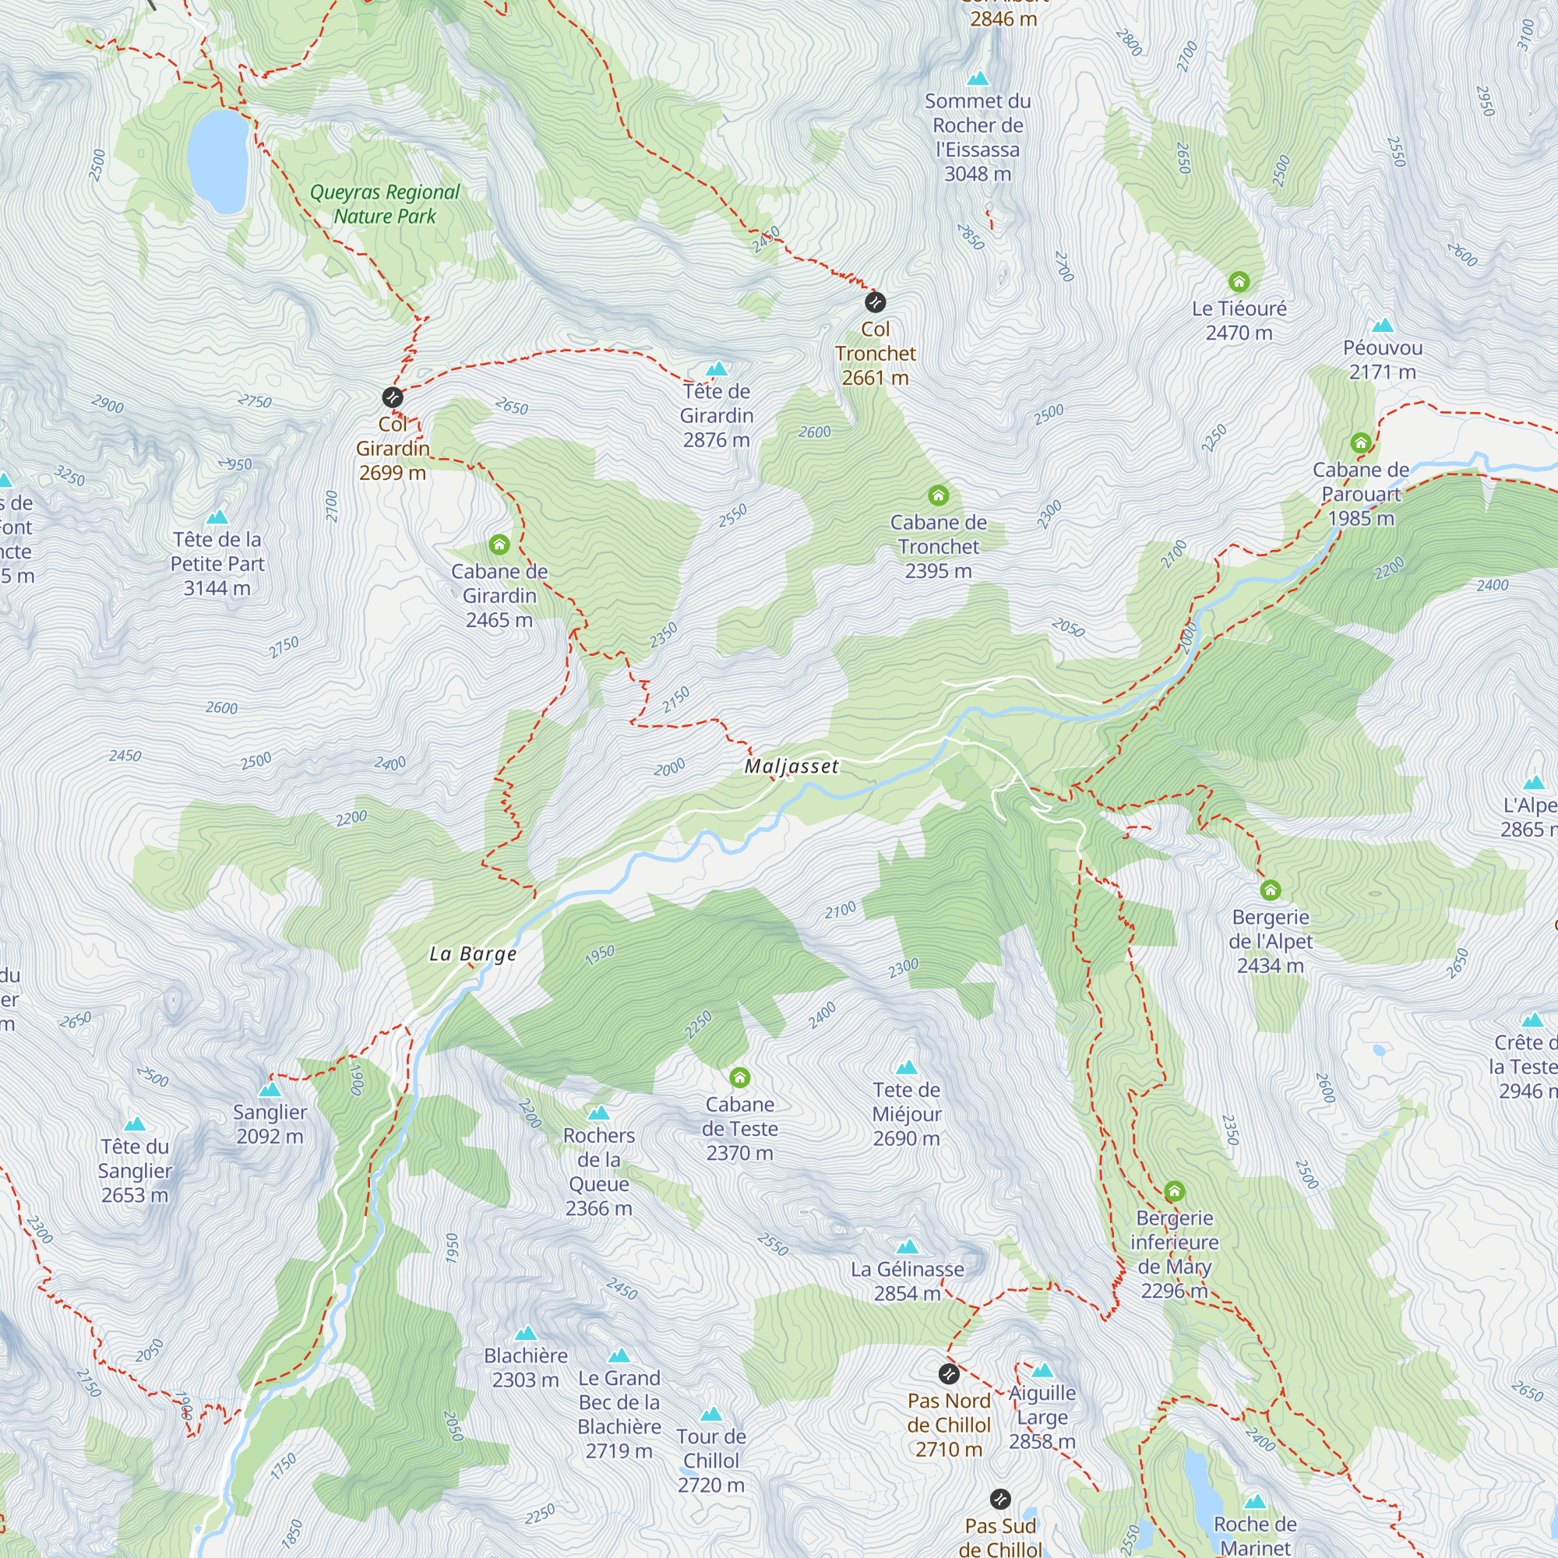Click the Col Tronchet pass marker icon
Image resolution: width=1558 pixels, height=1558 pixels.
tap(875, 302)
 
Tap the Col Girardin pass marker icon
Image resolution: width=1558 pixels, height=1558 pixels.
tap(392, 397)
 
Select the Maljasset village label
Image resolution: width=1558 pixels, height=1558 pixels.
tap(791, 766)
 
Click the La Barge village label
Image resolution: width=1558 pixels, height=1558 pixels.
tap(473, 954)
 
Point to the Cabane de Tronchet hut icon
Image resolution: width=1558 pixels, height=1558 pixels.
tap(938, 495)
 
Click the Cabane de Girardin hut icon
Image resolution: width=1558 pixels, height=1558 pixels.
tap(499, 545)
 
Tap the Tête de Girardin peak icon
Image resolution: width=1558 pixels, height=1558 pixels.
tap(716, 369)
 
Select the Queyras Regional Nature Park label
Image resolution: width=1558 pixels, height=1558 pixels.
tap(385, 204)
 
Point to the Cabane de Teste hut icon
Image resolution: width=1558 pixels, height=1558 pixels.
tap(739, 1077)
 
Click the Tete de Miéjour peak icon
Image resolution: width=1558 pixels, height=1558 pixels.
tap(907, 1068)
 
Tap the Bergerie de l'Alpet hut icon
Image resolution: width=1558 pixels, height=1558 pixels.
tap(1270, 890)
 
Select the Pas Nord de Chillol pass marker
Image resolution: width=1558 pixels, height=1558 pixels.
tap(949, 1373)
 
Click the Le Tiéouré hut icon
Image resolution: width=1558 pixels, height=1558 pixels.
tap(1239, 281)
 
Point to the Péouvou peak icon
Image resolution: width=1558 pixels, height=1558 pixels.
tap(1382, 325)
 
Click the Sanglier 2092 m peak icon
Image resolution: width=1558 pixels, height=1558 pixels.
tap(270, 1090)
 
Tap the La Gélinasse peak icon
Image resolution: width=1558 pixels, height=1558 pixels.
tap(907, 1246)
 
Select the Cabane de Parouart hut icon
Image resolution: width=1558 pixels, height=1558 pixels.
tap(1360, 442)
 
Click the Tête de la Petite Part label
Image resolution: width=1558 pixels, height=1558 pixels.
tap(217, 564)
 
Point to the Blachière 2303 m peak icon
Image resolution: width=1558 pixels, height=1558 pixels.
tap(525, 1333)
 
